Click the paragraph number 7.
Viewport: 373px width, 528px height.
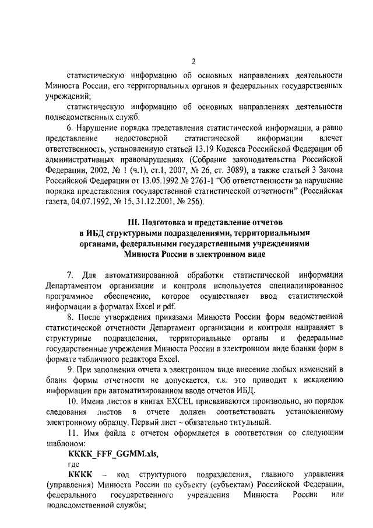pyautogui.click(x=70, y=275)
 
